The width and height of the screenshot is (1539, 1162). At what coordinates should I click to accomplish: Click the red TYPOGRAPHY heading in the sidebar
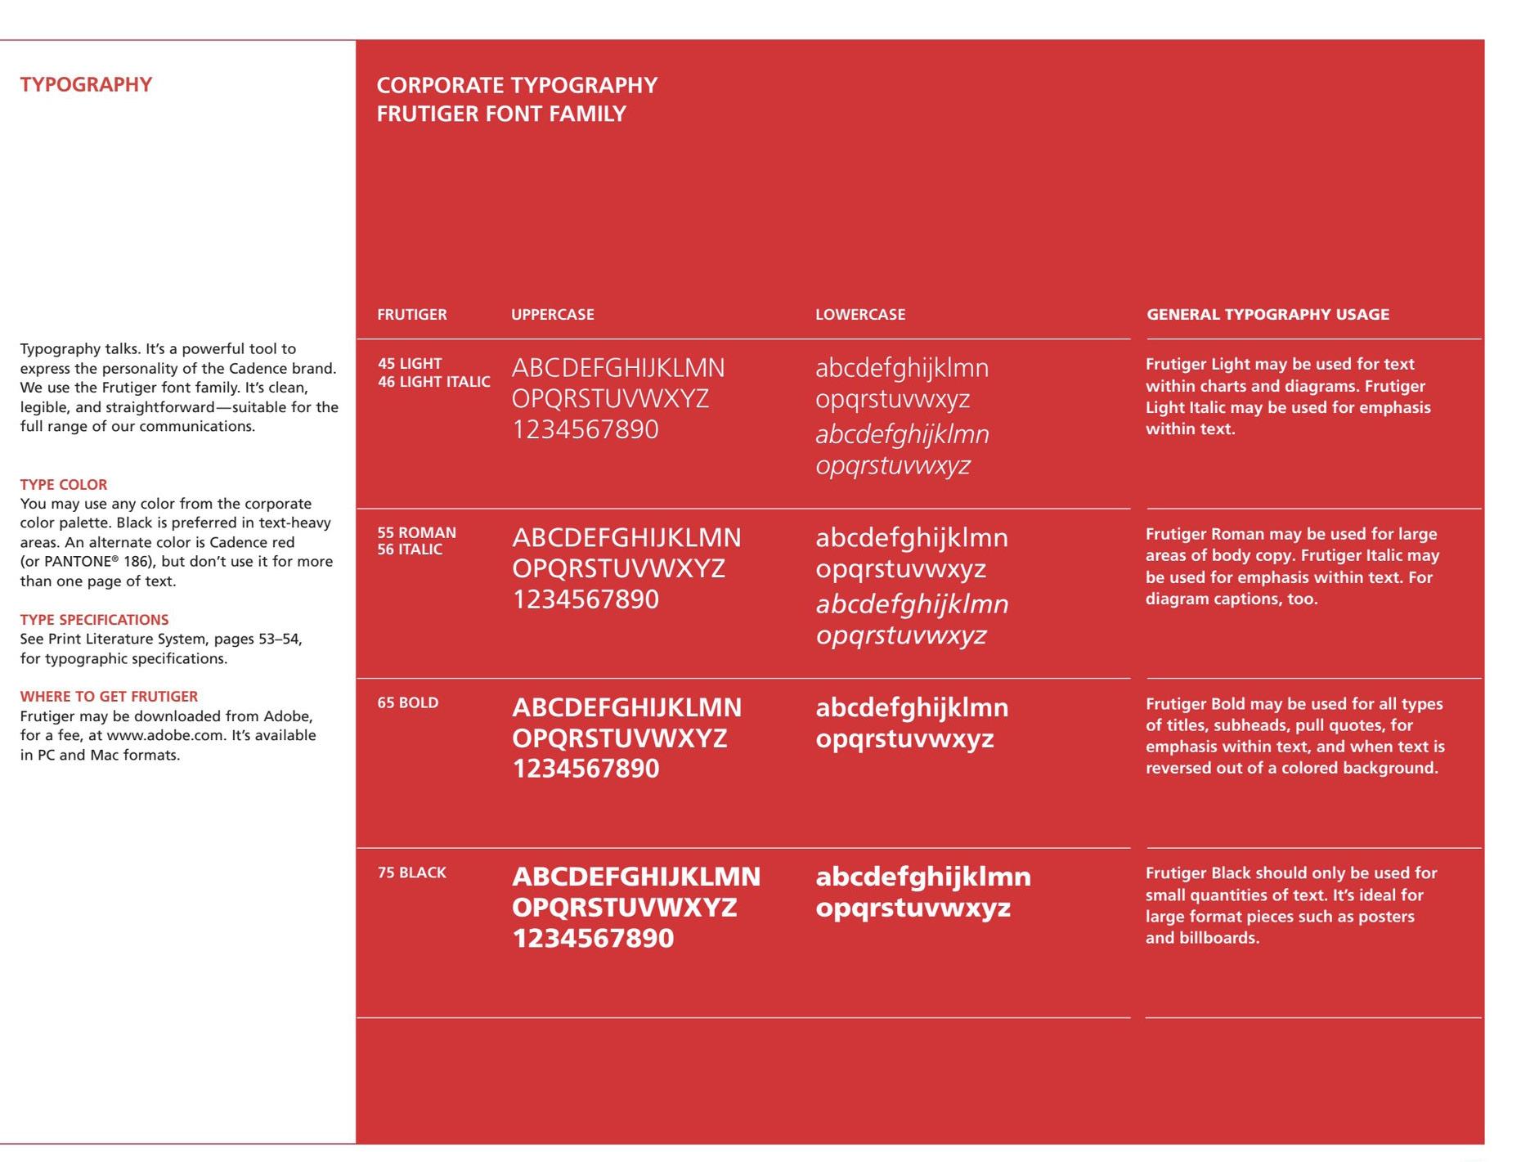pos(86,85)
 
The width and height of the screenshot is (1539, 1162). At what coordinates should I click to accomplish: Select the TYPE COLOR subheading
pos(64,484)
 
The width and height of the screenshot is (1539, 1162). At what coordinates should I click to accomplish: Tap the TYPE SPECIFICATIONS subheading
pos(94,620)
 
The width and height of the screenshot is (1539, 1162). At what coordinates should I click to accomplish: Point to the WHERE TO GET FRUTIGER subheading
pos(109,697)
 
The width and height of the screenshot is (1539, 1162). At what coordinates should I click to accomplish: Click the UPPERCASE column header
pos(553,315)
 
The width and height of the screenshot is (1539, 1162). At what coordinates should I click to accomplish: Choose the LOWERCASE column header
pos(860,315)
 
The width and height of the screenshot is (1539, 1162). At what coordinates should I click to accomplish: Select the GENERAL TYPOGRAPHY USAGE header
pos(1268,315)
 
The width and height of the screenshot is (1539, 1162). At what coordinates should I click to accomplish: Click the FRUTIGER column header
pos(412,315)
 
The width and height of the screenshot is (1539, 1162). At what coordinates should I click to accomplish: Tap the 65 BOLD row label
pos(408,703)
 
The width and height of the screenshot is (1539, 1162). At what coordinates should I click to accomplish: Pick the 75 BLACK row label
pos(412,873)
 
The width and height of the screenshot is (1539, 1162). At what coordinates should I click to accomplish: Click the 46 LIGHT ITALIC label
pos(434,382)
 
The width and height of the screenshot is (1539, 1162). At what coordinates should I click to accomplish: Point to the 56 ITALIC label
pos(410,550)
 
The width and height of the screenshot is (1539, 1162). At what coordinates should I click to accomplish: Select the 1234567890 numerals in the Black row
pos(593,938)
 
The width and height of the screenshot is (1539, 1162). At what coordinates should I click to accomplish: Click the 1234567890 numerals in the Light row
pos(586,429)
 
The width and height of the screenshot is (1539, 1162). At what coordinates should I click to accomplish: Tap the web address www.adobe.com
pos(165,735)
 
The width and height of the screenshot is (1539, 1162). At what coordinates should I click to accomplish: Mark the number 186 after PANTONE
pos(137,562)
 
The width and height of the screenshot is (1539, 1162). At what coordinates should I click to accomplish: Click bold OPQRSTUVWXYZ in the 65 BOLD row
pos(619,738)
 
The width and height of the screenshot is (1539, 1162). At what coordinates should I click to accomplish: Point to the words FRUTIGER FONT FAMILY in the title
pos(501,114)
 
